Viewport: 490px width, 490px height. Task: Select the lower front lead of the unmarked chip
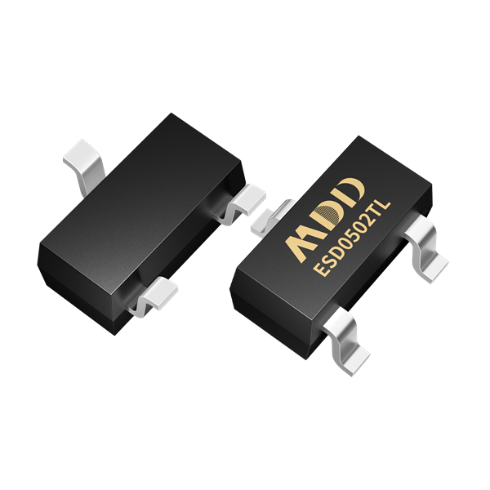(x=155, y=296)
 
